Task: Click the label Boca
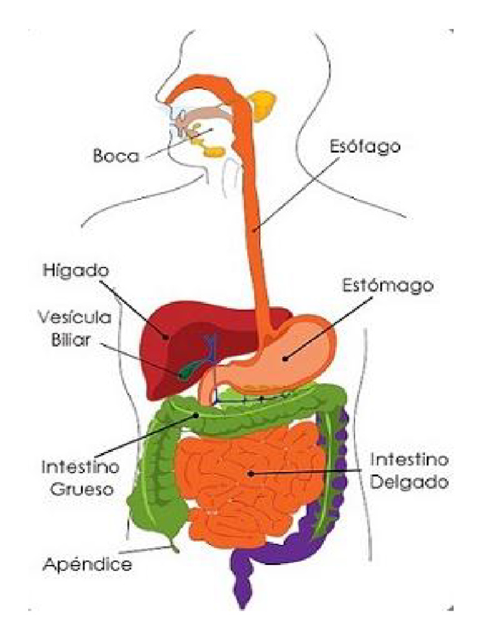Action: pos(116,155)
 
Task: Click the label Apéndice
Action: pos(87,565)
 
